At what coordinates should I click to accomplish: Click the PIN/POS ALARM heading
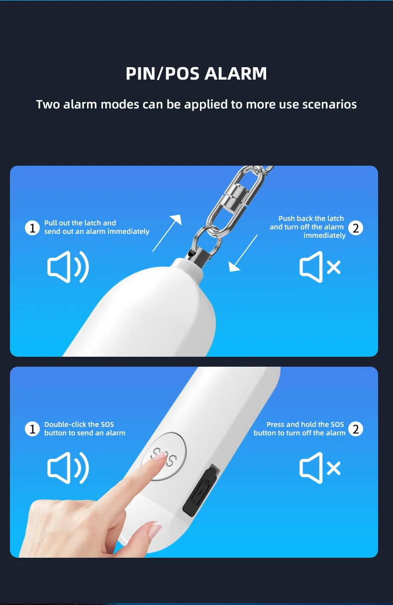(196, 73)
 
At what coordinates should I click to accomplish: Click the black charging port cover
(201, 490)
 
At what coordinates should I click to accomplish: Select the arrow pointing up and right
(167, 233)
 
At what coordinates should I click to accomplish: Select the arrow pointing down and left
(243, 253)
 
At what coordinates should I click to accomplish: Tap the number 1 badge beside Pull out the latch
(32, 228)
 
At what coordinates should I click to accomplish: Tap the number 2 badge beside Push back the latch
(356, 228)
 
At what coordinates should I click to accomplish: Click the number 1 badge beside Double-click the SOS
(32, 429)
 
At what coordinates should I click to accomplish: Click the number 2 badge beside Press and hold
(356, 429)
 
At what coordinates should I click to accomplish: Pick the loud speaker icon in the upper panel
(68, 267)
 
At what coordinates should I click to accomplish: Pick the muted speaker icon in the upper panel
(320, 267)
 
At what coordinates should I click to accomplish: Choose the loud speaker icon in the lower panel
(68, 468)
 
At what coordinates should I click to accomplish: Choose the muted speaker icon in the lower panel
(320, 468)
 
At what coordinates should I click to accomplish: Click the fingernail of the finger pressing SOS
(161, 456)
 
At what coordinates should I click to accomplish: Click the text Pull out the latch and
(80, 223)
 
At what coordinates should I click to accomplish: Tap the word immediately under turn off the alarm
(324, 235)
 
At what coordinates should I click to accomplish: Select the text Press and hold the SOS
(305, 424)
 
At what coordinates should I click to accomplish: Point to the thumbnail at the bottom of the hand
(155, 530)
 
